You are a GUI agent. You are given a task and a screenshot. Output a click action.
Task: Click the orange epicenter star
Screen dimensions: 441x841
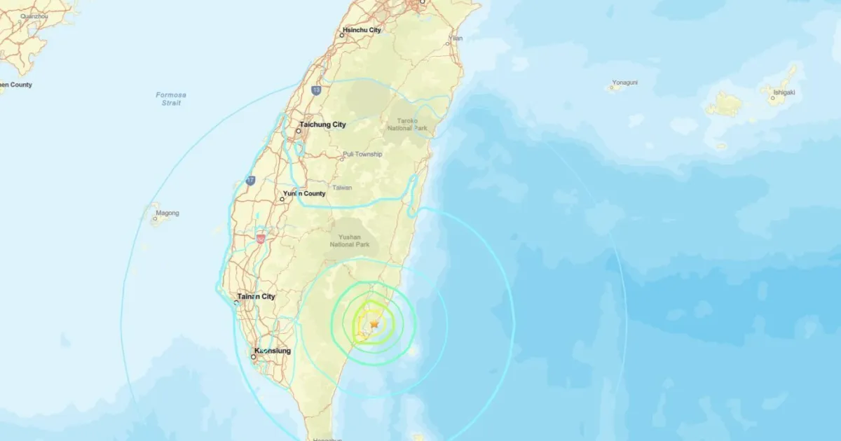point(374,324)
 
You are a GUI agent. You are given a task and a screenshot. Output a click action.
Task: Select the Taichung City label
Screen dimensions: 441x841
point(323,125)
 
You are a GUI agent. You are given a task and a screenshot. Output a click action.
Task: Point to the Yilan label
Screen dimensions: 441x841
point(456,38)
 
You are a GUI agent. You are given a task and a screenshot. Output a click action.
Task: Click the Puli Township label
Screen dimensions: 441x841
point(362,154)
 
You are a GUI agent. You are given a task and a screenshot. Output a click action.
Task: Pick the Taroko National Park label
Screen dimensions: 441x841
point(403,125)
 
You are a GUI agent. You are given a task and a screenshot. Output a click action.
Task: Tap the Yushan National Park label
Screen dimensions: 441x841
point(354,241)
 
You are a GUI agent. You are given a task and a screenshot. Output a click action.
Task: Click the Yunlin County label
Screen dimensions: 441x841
point(304,193)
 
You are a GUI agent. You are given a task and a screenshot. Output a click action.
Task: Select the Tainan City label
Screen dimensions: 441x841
point(256,296)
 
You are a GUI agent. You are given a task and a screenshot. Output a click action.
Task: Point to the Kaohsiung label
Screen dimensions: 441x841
point(273,350)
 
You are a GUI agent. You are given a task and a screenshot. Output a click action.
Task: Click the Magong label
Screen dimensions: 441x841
point(167,213)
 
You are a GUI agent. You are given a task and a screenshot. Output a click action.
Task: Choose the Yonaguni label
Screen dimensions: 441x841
point(624,83)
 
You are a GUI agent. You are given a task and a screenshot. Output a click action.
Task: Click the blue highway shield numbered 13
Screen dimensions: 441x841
point(317,90)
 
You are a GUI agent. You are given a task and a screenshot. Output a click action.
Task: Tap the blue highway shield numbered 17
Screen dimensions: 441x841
point(250,181)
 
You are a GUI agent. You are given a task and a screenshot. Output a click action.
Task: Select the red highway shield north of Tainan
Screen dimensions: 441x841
point(261,239)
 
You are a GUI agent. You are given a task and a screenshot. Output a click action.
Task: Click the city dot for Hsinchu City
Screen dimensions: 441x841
point(343,35)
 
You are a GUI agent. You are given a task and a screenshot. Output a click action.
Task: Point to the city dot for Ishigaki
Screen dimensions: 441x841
point(773,98)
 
